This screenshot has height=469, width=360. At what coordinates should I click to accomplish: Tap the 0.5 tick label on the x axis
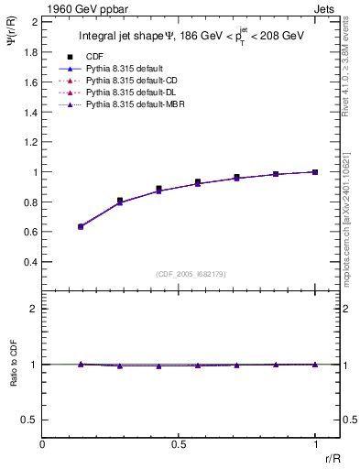179,444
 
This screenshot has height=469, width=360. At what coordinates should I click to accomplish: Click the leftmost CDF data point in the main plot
81,225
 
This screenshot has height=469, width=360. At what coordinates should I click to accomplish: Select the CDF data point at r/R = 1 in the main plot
315,171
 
